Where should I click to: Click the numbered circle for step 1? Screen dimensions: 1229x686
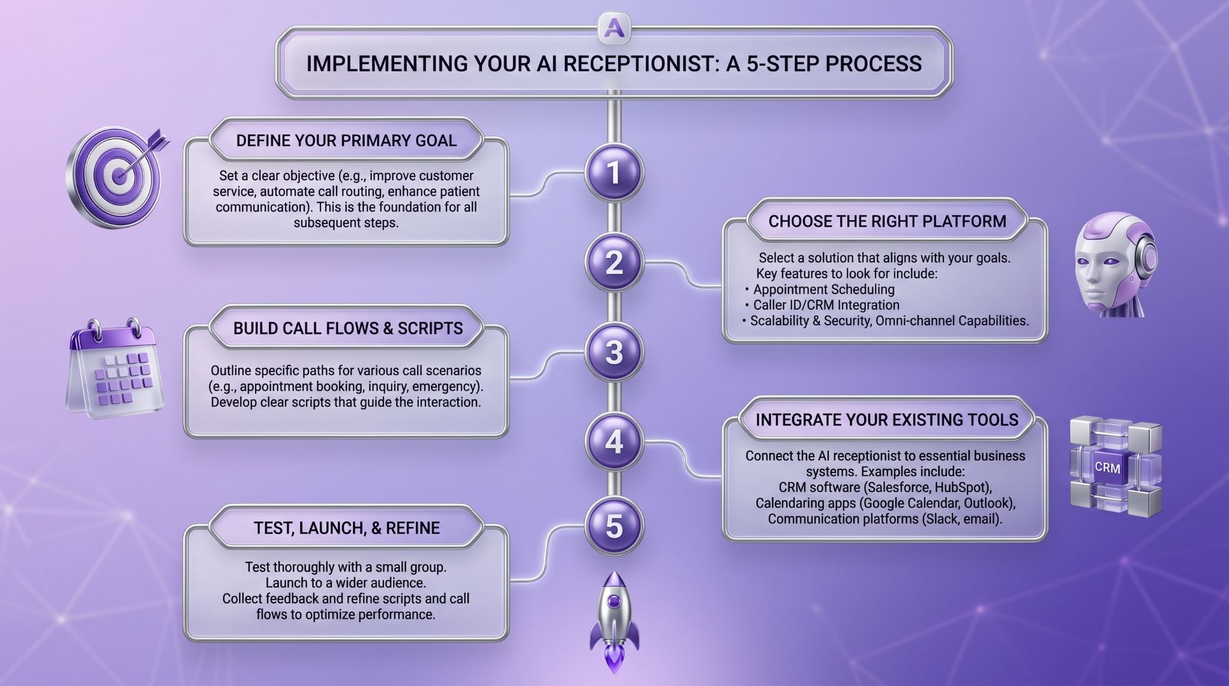614,173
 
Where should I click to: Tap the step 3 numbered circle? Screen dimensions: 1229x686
614,353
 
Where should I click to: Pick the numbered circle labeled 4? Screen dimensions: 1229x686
614,443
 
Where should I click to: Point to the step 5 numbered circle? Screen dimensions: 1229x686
614,526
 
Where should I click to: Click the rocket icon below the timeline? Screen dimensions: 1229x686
613,621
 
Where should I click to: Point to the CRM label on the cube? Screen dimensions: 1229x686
1107,467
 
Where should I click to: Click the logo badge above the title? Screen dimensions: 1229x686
613,28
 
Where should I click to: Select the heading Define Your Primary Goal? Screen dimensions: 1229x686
346,140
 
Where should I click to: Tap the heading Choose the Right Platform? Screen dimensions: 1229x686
887,221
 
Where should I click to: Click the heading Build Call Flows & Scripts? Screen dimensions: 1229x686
348,328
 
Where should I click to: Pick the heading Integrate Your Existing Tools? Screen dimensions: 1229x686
887,420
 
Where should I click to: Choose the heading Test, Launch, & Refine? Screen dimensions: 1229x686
347,528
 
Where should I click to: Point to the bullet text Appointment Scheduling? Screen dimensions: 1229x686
824,289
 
